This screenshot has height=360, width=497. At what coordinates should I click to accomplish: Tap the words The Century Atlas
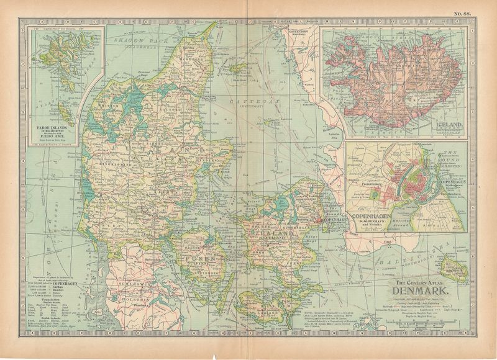[x=424, y=283]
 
